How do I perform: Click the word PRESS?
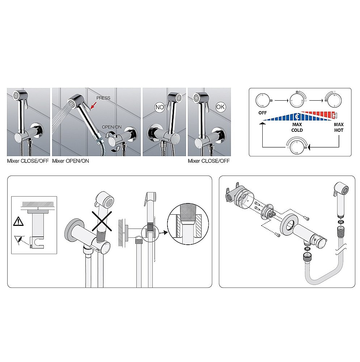tap(103, 98)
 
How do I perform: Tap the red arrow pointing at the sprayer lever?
tap(93, 106)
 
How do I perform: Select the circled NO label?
tap(160, 107)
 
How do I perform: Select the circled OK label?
tap(220, 107)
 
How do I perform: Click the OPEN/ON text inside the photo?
tap(112, 127)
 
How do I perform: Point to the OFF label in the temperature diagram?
tap(263, 113)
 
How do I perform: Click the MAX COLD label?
tap(297, 127)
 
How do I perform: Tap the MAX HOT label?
tap(339, 127)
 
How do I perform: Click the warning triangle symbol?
tap(18, 222)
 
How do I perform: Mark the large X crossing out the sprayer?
tap(102, 221)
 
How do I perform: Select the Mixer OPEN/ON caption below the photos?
tap(71, 161)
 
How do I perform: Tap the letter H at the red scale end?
tap(335, 115)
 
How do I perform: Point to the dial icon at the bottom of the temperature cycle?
tap(297, 147)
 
